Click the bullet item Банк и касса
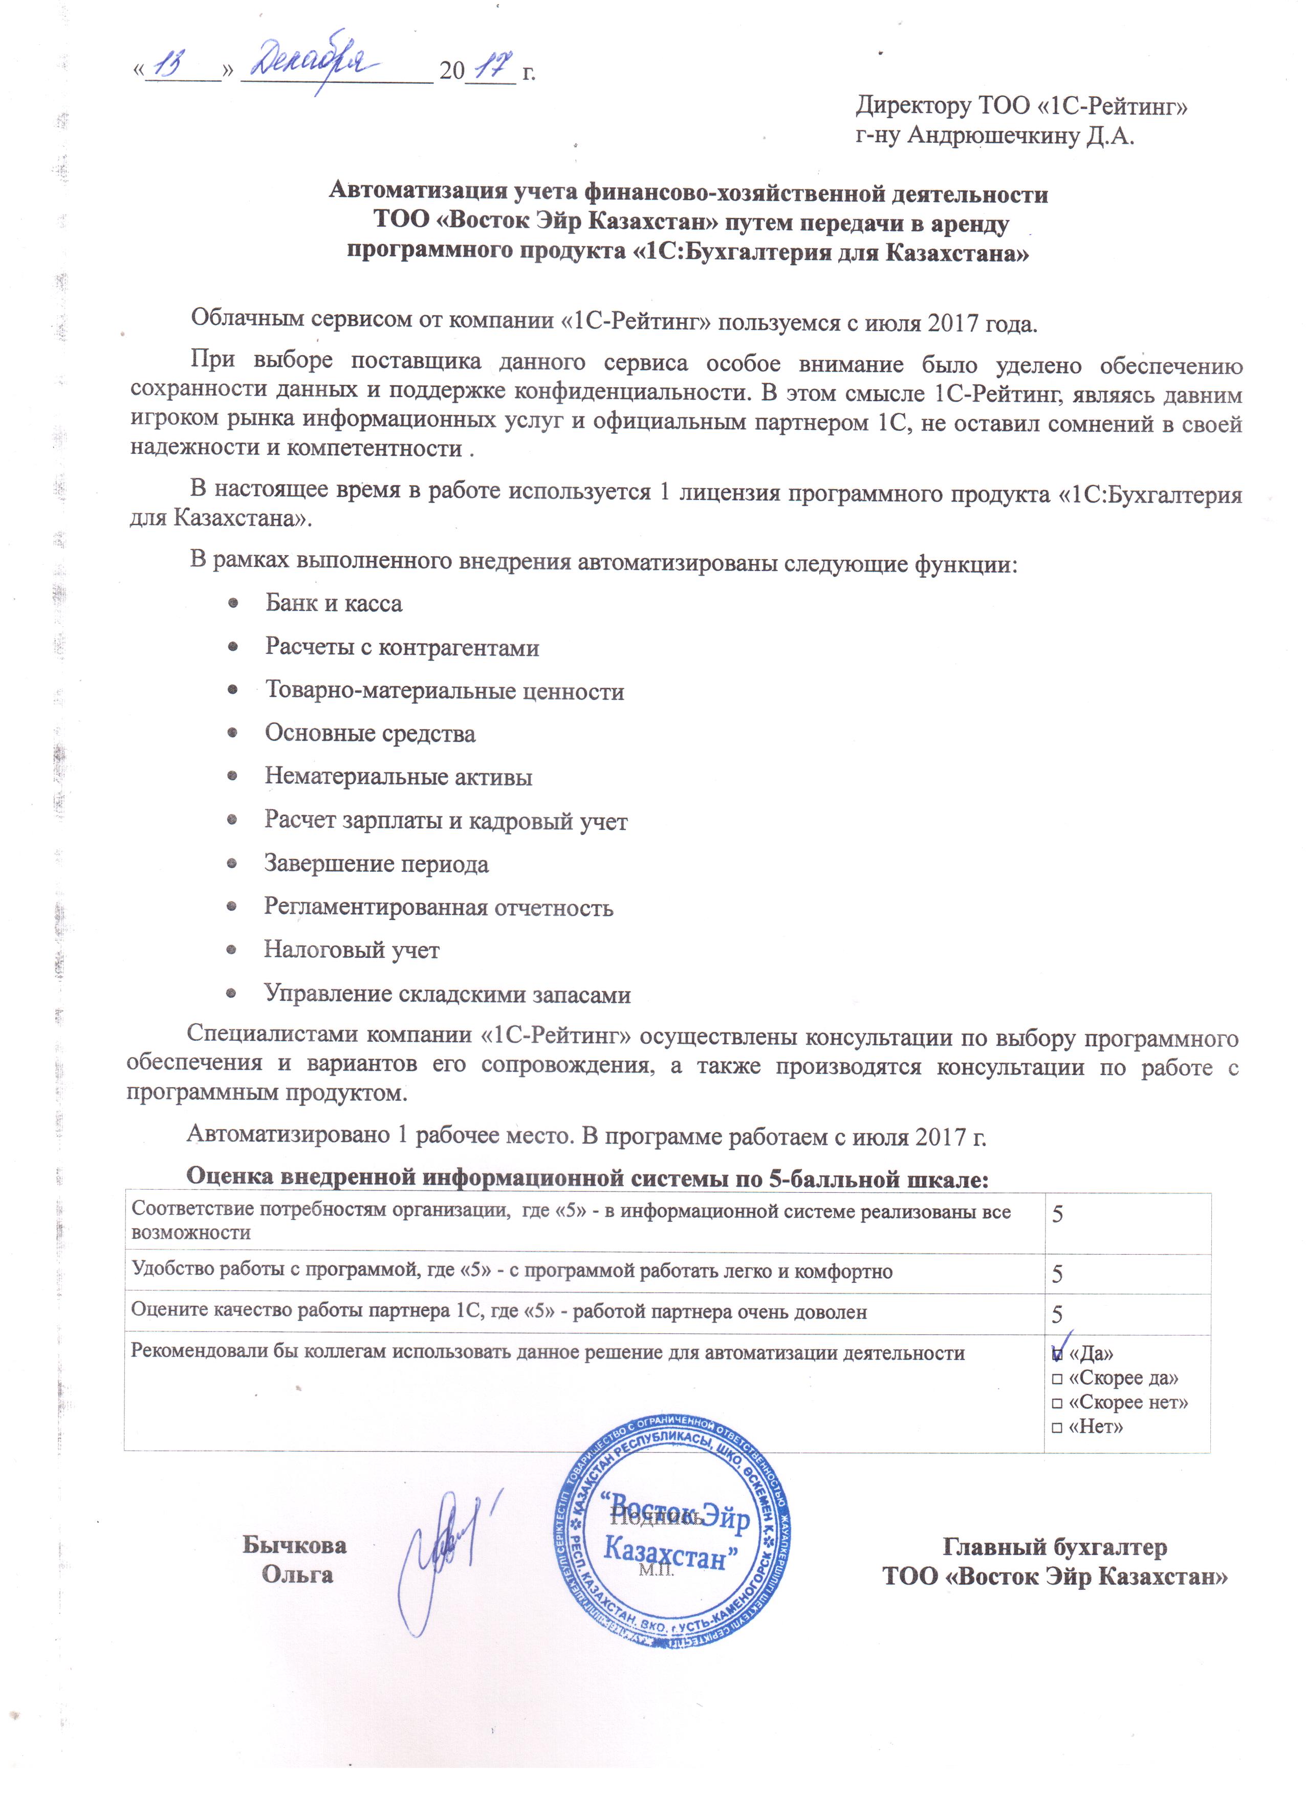pyautogui.click(x=334, y=603)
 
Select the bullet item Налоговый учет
pyautogui.click(x=352, y=950)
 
